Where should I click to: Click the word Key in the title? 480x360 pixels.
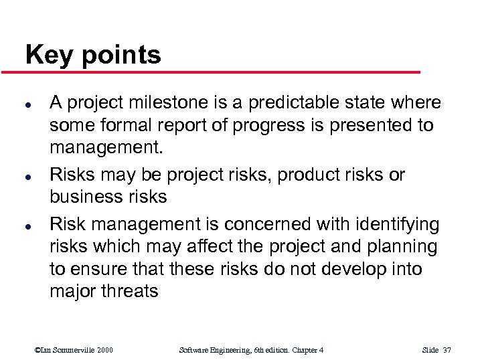48,55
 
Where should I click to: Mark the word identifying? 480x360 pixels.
393,223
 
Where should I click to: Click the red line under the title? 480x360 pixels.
221,72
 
